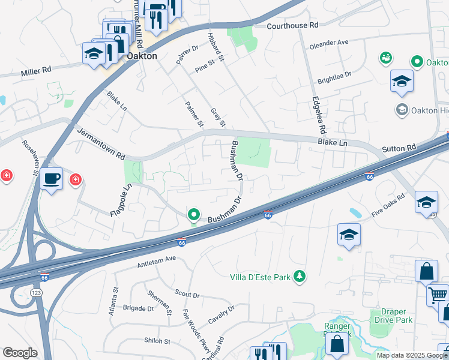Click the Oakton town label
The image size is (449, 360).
click(x=142, y=56)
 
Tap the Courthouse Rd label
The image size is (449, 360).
click(x=292, y=26)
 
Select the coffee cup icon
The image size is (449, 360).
click(x=52, y=179)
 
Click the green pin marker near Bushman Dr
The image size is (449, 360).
click(x=194, y=214)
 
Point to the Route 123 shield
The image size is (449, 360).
click(x=35, y=292)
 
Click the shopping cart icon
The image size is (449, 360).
click(x=438, y=295)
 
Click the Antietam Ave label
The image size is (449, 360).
click(x=155, y=259)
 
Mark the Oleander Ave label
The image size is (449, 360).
click(x=329, y=44)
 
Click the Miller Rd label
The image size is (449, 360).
click(x=36, y=70)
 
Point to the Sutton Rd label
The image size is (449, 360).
click(x=399, y=148)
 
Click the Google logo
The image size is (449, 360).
click(x=19, y=353)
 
